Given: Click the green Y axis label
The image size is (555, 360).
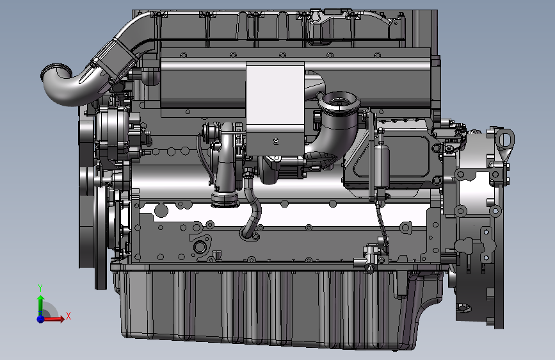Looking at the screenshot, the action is [40, 288].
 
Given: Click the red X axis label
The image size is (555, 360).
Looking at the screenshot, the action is [68, 316].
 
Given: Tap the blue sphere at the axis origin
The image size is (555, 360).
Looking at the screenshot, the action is [41, 318].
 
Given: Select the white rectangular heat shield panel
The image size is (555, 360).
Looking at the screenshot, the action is [275, 109].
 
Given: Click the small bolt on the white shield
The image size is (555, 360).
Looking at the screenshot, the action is [276, 141].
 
